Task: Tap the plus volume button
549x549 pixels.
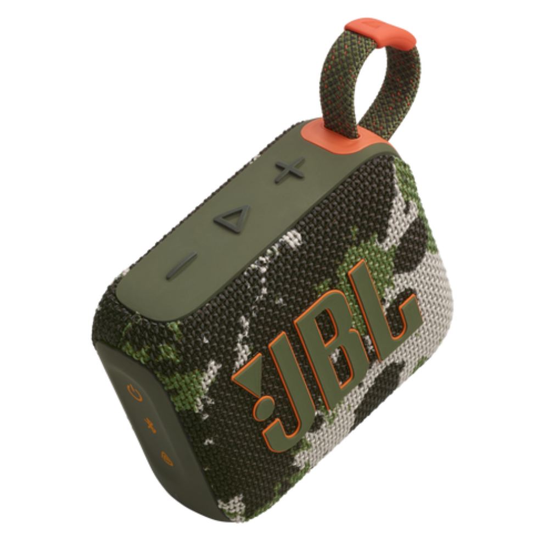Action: click(289, 171)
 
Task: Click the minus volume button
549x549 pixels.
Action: click(181, 265)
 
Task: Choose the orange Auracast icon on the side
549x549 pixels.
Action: click(167, 458)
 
